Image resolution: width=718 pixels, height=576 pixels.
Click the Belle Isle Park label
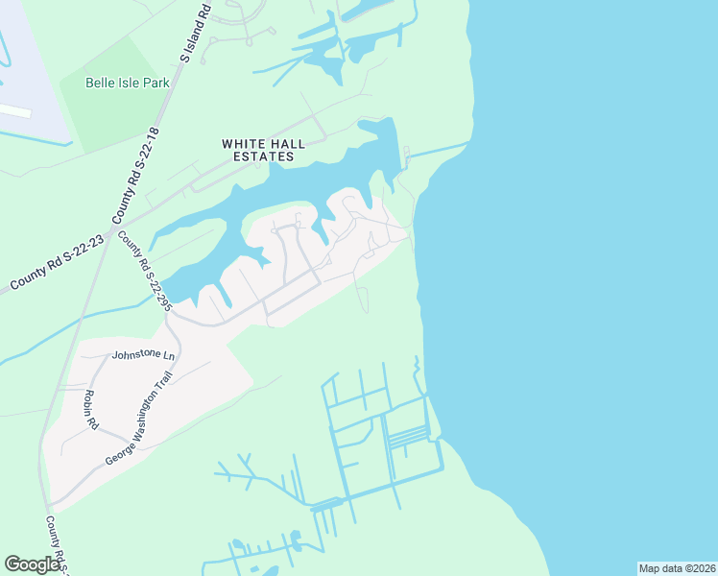(x=128, y=83)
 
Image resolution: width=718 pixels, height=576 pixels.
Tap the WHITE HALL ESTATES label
(x=263, y=150)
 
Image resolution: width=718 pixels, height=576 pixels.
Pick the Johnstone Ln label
(x=144, y=354)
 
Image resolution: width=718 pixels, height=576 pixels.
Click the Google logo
(x=33, y=564)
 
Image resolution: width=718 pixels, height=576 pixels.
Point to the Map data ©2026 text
(x=677, y=568)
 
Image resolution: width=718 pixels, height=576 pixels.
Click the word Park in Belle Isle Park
(x=155, y=83)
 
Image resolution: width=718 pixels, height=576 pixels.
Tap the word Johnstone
(x=137, y=354)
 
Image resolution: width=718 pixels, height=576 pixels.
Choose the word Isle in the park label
(x=130, y=83)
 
